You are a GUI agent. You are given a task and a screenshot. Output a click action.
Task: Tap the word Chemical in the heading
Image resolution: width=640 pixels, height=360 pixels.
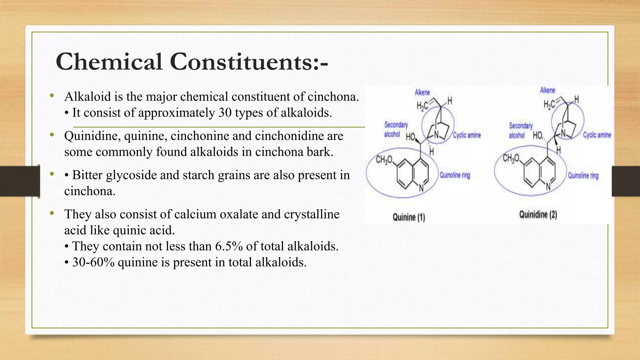coord(109,62)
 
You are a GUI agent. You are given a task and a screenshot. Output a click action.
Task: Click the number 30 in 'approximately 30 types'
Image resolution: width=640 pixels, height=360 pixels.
coord(225,112)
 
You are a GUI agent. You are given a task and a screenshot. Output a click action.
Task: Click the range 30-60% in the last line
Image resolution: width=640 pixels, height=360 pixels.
coord(93,262)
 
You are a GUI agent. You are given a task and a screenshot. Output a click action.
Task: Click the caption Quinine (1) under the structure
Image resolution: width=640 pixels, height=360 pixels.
coord(409,217)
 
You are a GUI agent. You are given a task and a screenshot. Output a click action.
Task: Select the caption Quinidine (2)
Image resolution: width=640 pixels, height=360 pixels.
coord(538,215)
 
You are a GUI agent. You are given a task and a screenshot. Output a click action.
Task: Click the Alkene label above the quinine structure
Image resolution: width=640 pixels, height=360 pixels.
coord(422,92)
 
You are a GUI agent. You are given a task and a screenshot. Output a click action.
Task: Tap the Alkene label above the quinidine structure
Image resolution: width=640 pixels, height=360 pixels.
coord(547,90)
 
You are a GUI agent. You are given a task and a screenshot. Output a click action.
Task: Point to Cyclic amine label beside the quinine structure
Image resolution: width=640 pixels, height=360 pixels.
coord(467,135)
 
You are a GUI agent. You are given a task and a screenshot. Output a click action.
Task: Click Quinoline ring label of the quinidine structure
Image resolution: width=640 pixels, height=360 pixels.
coord(583,176)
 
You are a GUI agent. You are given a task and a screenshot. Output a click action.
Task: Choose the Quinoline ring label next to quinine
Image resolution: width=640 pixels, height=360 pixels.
coord(455,175)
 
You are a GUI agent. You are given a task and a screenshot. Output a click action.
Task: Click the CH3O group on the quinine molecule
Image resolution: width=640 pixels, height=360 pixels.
coord(384,160)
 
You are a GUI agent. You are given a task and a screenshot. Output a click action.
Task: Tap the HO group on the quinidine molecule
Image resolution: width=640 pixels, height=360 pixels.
coord(538,136)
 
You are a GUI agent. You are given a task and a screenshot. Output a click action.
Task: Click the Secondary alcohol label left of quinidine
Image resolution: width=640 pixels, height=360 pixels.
coord(520,130)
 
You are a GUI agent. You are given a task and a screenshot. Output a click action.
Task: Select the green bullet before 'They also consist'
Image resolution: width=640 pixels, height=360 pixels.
coord(52,213)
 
